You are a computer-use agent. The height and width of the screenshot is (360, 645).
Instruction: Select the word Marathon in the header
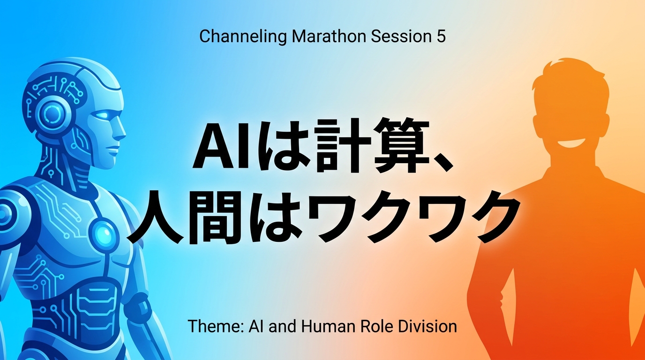329,36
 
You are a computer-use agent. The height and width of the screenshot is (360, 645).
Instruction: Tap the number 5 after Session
441,36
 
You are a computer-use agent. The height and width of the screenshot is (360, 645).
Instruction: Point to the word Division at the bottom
427,326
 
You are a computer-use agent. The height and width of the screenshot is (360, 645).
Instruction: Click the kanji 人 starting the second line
157,217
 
